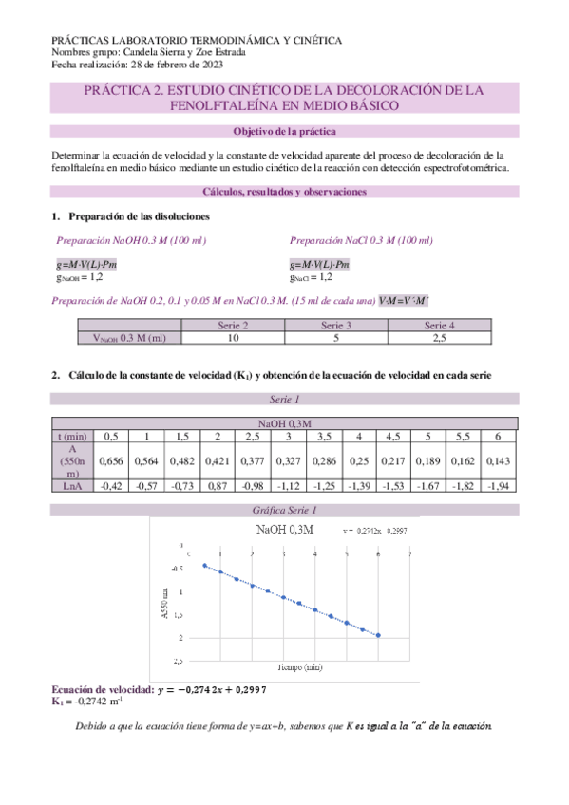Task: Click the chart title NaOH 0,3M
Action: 286,529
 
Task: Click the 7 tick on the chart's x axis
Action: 409,553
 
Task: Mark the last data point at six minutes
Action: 378,635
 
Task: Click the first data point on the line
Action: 205,566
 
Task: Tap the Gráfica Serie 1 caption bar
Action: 283,510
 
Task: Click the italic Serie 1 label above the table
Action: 283,399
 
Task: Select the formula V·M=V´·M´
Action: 404,301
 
